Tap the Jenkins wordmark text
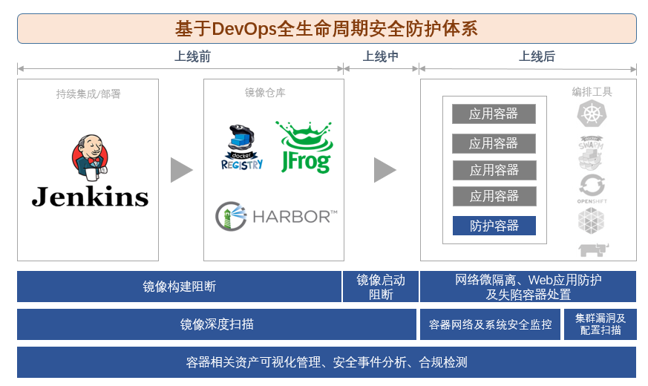pyautogui.click(x=90, y=196)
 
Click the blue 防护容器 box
pyautogui.click(x=494, y=226)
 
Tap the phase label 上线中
pyautogui.click(x=381, y=56)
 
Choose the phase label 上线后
pyautogui.click(x=537, y=56)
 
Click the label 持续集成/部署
pyautogui.click(x=88, y=94)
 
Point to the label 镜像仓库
pyautogui.click(x=265, y=93)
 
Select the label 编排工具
pyautogui.click(x=592, y=92)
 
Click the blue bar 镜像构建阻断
pyautogui.click(x=180, y=287)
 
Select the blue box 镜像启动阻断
pyautogui.click(x=381, y=287)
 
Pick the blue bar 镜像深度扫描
pyautogui.click(x=217, y=324)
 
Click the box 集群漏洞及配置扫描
pyautogui.click(x=600, y=324)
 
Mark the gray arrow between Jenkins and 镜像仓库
pyautogui.click(x=180, y=170)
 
